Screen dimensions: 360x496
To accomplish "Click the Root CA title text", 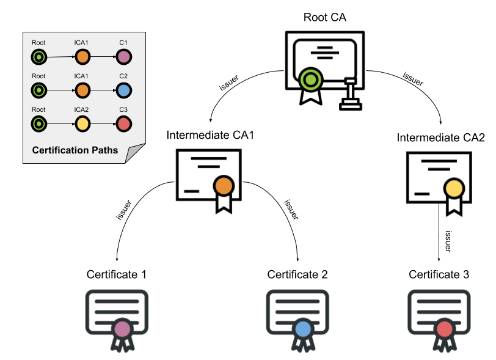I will [324, 17].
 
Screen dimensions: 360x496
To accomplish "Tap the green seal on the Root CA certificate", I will [310, 79].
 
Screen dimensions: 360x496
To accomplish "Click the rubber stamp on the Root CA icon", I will [350, 95].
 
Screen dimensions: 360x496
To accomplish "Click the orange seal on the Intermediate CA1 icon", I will [224, 186].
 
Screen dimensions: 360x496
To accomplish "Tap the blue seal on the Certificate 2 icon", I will [304, 330].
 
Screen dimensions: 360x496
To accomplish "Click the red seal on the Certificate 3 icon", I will [444, 330].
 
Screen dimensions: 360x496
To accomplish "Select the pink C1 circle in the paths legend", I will [123, 57].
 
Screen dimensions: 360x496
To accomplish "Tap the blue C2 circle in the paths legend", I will [123, 90].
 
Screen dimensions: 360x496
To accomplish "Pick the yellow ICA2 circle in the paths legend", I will [82, 124].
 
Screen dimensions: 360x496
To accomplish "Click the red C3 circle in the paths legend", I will [123, 124].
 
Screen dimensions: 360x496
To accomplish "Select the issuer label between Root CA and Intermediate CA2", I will [414, 78].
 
